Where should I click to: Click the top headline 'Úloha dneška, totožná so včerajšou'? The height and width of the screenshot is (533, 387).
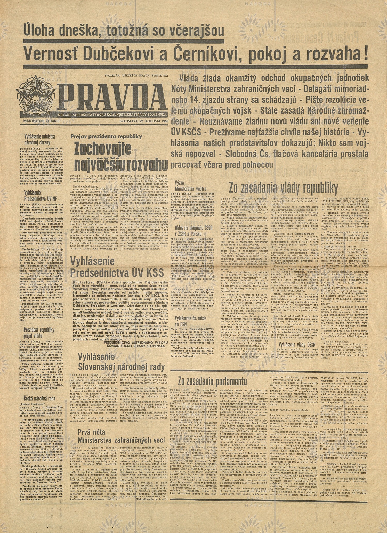pyautogui.click(x=124, y=32)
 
